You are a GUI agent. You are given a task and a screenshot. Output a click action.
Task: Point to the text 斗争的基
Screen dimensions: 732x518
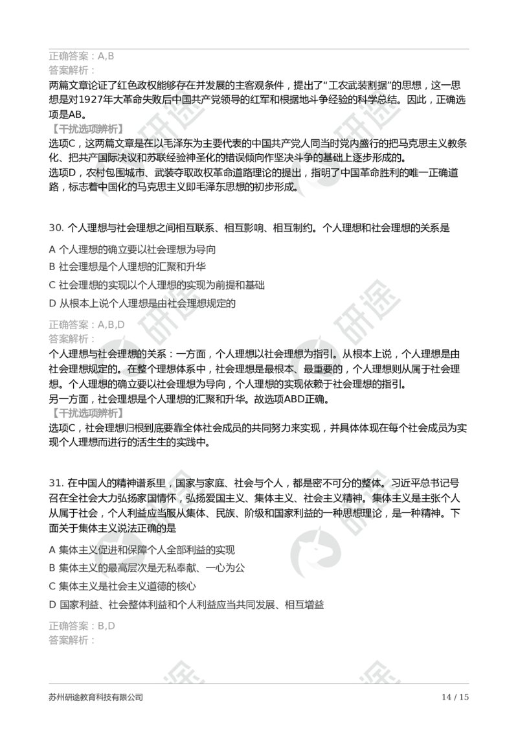(x=317, y=157)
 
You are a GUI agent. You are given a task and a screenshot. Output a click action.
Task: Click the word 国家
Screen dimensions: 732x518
(x=186, y=483)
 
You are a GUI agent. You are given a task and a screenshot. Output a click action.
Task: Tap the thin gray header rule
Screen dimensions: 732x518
(x=259, y=49)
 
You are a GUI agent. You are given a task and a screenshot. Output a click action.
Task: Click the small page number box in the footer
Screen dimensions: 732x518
(x=455, y=697)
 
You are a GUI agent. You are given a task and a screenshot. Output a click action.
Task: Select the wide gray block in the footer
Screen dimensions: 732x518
(x=95, y=697)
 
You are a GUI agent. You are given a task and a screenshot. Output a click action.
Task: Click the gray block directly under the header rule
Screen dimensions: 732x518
(x=80, y=57)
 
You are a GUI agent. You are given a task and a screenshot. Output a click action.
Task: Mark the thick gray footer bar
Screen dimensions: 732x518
(x=259, y=684)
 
